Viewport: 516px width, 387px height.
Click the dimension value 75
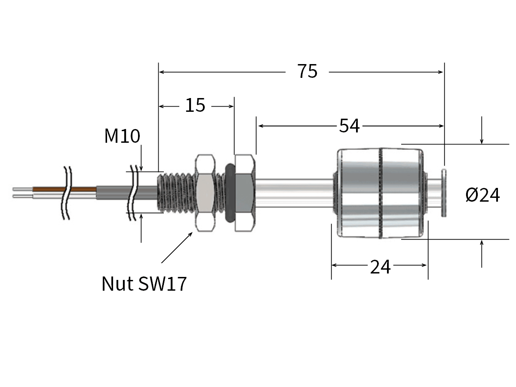pyautogui.click(x=307, y=71)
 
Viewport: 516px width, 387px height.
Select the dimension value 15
pyautogui.click(x=195, y=105)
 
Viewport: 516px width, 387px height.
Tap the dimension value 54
pyautogui.click(x=349, y=126)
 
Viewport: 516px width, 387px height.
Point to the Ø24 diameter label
pyautogui.click(x=482, y=196)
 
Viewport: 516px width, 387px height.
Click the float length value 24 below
pyautogui.click(x=380, y=267)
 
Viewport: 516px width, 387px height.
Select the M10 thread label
pyautogui.click(x=122, y=136)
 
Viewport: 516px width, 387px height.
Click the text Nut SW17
pyautogui.click(x=144, y=284)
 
